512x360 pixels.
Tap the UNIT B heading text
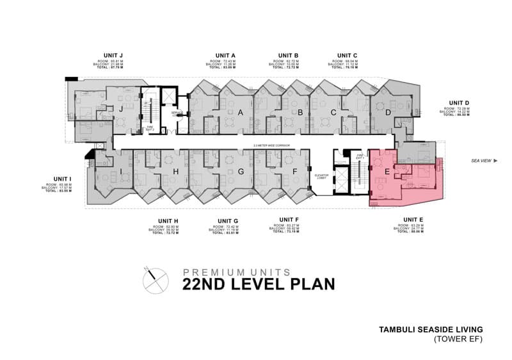click(289, 55)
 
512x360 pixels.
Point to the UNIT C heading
click(347, 55)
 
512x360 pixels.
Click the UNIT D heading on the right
click(459, 102)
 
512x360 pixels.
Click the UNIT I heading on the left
click(63, 178)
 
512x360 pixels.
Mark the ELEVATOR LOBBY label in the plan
click(321, 176)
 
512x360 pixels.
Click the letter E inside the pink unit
click(386, 172)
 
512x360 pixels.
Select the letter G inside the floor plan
click(241, 172)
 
